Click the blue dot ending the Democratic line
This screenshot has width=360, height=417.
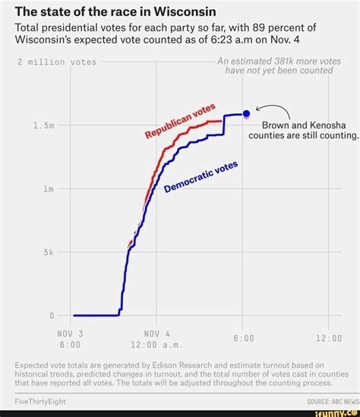[x=247, y=114]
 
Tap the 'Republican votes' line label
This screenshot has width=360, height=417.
[x=180, y=121]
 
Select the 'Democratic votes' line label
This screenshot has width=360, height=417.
[x=201, y=176]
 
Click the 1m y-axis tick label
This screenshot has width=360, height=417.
[x=49, y=189]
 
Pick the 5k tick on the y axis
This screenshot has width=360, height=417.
[x=49, y=252]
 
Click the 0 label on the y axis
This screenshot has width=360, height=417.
[x=52, y=316]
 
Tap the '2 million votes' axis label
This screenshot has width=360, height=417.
[x=57, y=62]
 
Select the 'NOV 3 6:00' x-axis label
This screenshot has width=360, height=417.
[x=70, y=340]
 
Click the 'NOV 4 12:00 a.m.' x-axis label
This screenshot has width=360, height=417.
[x=156, y=340]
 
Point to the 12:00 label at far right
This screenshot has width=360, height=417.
[x=329, y=338]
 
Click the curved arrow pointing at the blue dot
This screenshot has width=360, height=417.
[x=276, y=107]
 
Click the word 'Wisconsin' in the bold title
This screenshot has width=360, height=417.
[x=185, y=11]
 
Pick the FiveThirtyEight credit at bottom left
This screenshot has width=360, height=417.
[x=40, y=402]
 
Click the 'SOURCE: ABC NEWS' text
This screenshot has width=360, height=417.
[x=333, y=402]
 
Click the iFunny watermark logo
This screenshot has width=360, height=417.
[x=336, y=413]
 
